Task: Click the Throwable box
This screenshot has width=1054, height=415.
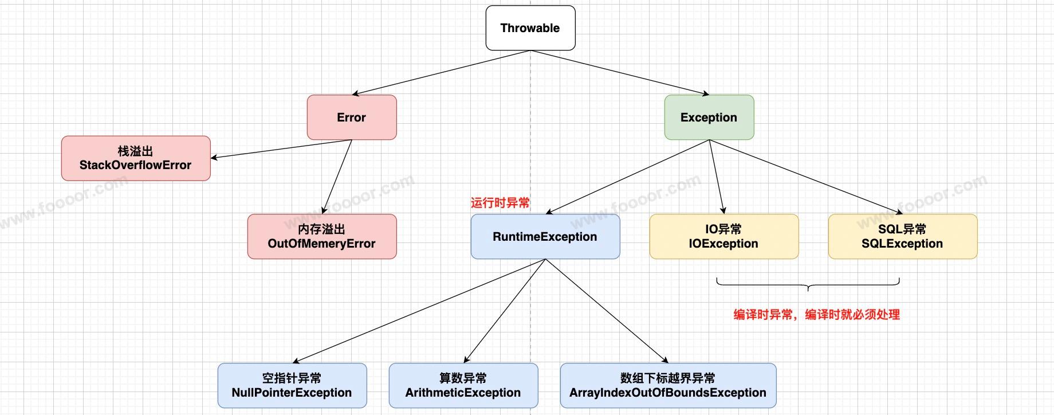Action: tap(530, 28)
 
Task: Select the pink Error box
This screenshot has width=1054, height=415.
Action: tap(352, 118)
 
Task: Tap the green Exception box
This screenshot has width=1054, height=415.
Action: tap(709, 118)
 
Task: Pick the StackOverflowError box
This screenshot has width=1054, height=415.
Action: tap(136, 158)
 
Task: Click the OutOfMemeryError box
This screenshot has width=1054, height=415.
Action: tap(322, 237)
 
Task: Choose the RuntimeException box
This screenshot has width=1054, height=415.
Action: tap(545, 237)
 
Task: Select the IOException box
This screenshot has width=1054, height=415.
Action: tap(724, 237)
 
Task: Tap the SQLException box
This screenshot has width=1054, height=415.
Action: tap(903, 237)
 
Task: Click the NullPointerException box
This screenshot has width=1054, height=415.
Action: tap(292, 386)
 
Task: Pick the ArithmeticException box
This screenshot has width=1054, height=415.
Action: tap(463, 386)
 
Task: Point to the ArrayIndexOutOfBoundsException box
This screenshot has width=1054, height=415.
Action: tap(668, 386)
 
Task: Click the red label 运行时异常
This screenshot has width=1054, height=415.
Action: tap(500, 203)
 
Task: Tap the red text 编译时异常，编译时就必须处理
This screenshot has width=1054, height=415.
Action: tap(817, 315)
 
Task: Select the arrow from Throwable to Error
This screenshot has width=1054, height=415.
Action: tap(441, 73)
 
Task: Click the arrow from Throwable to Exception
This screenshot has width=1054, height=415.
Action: tap(620, 73)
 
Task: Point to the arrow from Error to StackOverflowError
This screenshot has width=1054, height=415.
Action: tap(281, 149)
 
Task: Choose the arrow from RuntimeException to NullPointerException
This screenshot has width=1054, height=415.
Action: tap(419, 311)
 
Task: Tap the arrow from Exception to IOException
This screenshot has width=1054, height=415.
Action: tap(717, 177)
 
